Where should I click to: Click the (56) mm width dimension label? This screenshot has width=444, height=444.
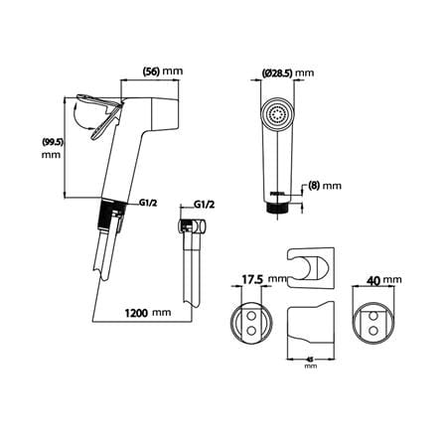tap(163, 72)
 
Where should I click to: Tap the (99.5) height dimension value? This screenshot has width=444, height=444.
tap(53, 142)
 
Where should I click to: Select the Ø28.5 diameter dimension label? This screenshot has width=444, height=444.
tap(277, 73)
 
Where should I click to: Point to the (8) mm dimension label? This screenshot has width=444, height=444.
tap(325, 186)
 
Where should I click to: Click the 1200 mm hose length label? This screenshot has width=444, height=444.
tap(148, 312)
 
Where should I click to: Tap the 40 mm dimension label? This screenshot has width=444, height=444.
tap(383, 280)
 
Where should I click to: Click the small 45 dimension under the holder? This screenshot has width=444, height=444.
tap(310, 359)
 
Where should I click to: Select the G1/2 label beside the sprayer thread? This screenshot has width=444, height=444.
tap(147, 203)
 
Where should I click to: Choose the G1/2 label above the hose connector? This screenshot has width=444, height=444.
tap(204, 205)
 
